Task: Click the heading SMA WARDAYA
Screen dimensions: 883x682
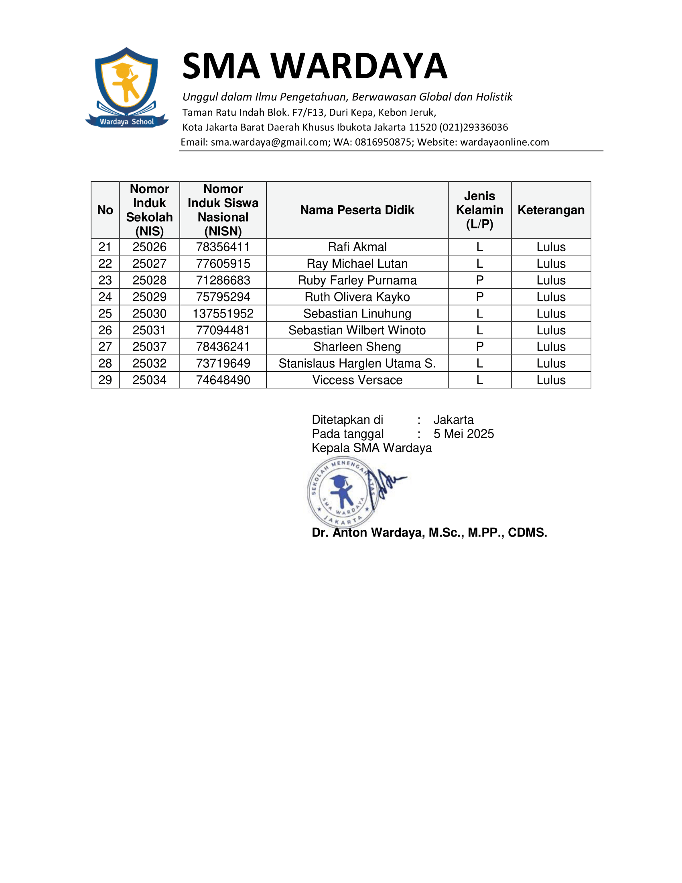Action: click(x=315, y=66)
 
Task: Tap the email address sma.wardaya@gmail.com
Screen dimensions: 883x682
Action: click(x=269, y=142)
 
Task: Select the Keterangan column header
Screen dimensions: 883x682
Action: click(x=551, y=210)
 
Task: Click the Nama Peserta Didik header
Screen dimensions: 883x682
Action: click(x=357, y=210)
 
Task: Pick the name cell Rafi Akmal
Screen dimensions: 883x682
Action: click(x=357, y=246)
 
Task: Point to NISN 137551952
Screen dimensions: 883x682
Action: click(x=223, y=313)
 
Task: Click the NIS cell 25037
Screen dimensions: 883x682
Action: click(x=150, y=346)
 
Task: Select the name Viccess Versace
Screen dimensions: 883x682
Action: click(x=357, y=380)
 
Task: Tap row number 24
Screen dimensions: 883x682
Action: click(x=105, y=297)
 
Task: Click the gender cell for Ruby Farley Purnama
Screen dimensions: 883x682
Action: click(x=479, y=280)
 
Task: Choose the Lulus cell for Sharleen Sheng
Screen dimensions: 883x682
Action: click(x=551, y=346)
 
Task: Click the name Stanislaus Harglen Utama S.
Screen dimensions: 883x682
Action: click(x=357, y=364)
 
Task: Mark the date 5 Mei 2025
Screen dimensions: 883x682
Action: click(x=463, y=434)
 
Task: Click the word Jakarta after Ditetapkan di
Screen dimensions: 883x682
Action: click(x=453, y=420)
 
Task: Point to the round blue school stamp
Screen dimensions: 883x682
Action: click(x=343, y=492)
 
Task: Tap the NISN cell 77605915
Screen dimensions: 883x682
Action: click(x=223, y=264)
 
